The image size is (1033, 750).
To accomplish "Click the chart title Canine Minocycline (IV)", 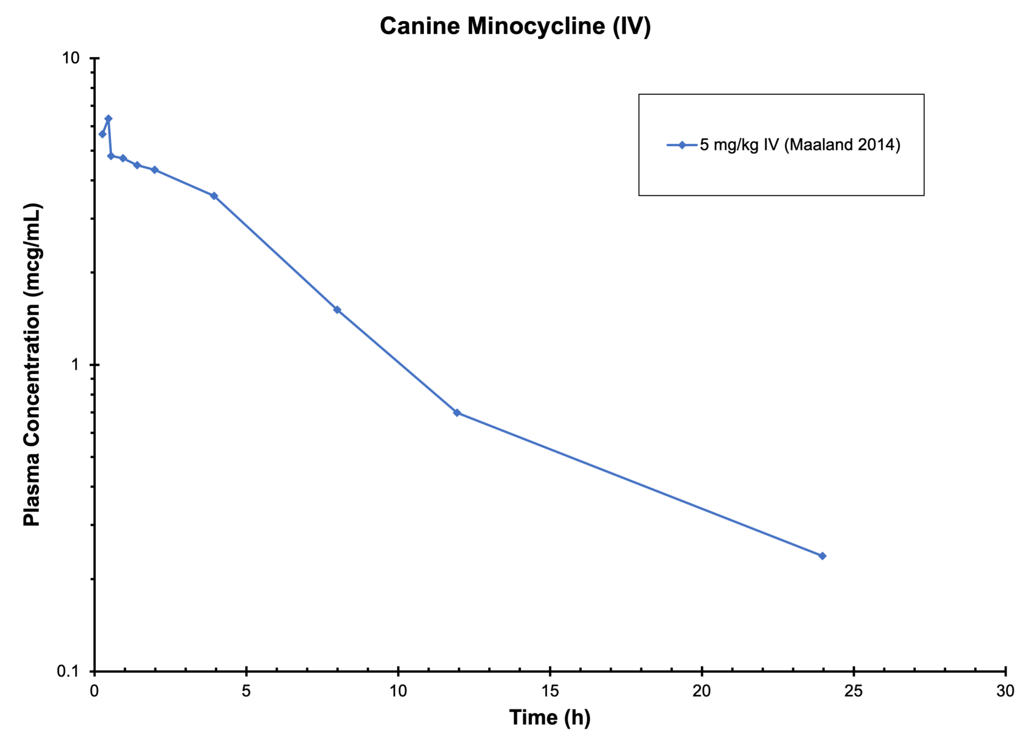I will click(515, 26).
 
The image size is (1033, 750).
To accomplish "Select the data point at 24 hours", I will click(823, 556).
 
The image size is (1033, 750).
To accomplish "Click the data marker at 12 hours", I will click(457, 413).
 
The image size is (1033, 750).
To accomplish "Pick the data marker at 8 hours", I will click(337, 310).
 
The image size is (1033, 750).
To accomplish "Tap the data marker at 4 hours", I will click(214, 196).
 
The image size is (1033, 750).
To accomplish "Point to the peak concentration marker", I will click(108, 119).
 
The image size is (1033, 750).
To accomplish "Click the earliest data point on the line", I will click(103, 134).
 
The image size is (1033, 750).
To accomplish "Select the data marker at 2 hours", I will click(155, 170).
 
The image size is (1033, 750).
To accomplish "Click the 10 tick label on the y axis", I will click(71, 58).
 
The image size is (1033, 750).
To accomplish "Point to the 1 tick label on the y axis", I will click(76, 364).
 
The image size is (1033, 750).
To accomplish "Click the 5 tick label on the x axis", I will click(246, 691).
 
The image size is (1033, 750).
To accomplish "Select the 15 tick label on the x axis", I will click(550, 691).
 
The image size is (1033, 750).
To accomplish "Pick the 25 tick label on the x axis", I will click(853, 691).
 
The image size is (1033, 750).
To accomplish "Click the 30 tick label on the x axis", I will click(1005, 691).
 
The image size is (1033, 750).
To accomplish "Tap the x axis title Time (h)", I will click(549, 717).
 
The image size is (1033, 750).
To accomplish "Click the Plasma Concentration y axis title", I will click(32, 365).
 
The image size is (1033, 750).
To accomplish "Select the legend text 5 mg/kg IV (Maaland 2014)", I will click(799, 145).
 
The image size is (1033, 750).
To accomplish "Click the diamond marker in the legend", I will click(682, 145).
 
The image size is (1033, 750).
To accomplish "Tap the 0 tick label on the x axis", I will click(94, 691).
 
